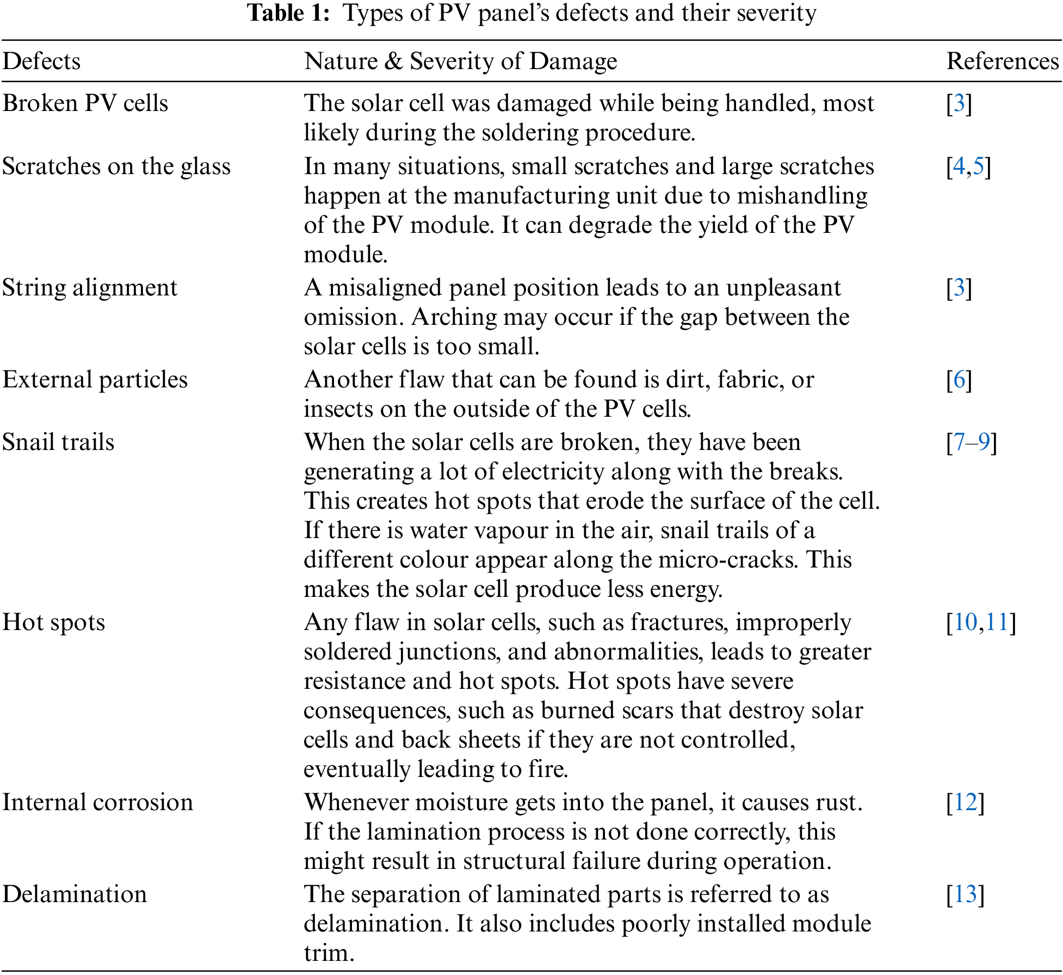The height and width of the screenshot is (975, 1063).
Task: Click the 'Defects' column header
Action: click(41, 61)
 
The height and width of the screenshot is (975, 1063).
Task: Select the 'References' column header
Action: click(1003, 61)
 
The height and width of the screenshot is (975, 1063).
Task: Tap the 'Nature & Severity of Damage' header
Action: click(460, 61)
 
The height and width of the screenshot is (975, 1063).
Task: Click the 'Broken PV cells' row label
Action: click(85, 103)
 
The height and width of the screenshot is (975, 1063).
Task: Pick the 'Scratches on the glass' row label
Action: click(116, 166)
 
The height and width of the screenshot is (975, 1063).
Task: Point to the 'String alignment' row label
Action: click(90, 288)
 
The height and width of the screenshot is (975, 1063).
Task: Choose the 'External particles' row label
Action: click(95, 380)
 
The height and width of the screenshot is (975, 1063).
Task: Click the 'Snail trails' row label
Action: click(58, 442)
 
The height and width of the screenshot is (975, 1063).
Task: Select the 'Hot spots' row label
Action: click(54, 622)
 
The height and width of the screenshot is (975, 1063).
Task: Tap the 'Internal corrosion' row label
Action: click(98, 803)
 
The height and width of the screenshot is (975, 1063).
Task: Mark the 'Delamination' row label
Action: click(75, 894)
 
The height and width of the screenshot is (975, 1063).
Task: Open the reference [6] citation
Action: click(959, 380)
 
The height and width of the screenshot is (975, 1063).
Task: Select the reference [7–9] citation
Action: click(972, 442)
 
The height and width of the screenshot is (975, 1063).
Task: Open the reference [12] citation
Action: click(966, 803)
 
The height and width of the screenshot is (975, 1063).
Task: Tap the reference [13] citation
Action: click(966, 894)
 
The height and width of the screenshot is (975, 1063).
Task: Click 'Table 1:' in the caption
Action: click(288, 13)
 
